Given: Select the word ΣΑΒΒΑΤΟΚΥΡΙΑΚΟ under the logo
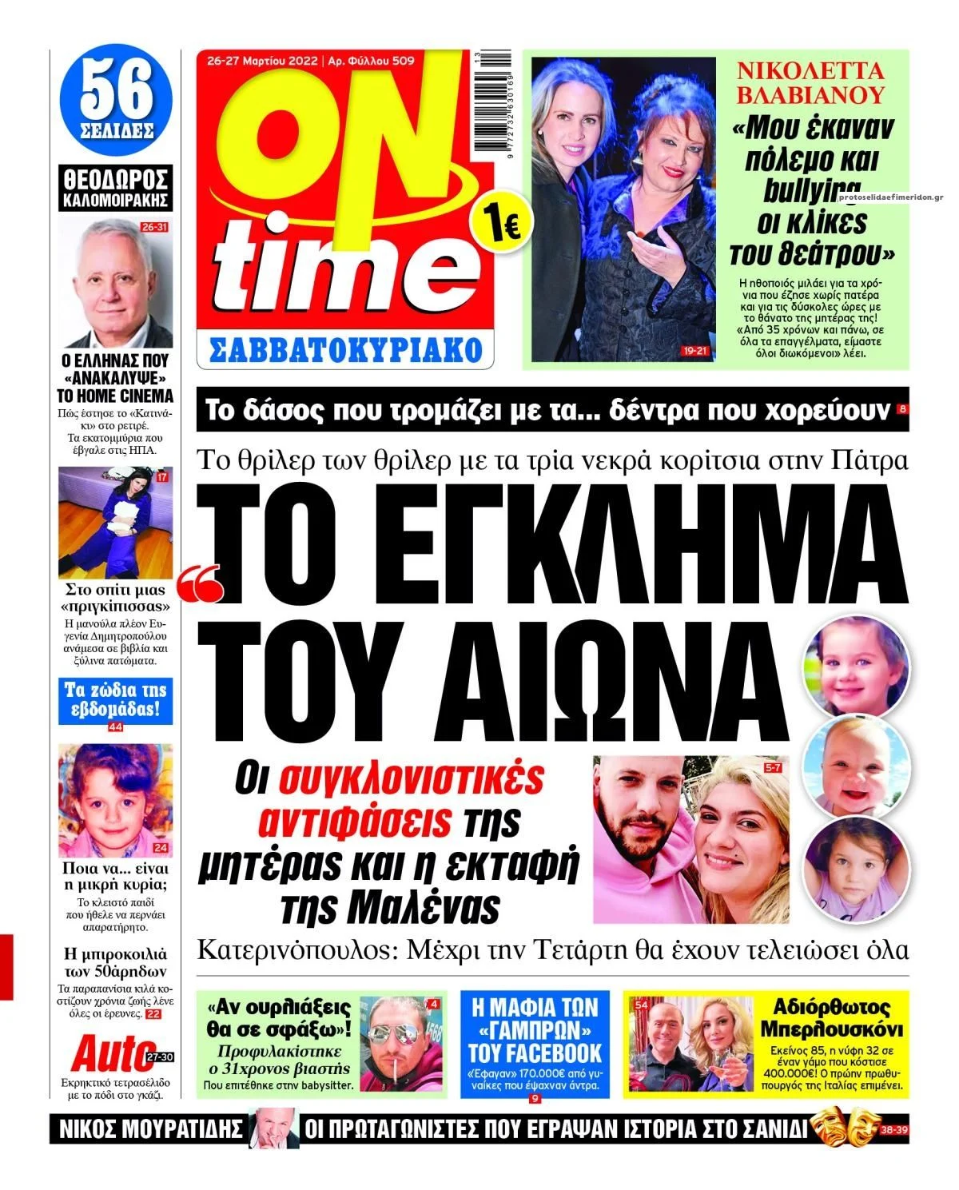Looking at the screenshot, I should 345,349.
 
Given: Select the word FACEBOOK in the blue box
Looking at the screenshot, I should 535,1052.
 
